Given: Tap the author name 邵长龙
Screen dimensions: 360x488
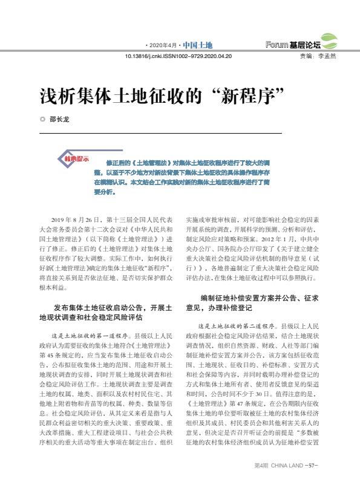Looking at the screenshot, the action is coord(59,119).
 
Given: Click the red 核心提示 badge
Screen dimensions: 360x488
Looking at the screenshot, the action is coord(77,159).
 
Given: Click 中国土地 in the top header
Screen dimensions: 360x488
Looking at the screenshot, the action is coord(198,45).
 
